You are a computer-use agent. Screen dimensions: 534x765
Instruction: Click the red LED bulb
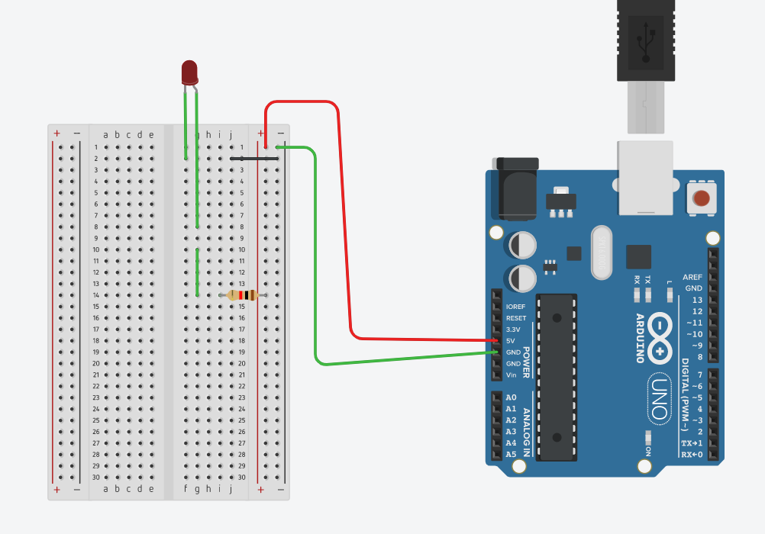click(x=189, y=72)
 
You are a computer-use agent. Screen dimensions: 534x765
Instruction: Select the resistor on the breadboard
click(x=243, y=295)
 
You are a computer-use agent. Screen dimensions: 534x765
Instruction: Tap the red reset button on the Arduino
click(x=700, y=200)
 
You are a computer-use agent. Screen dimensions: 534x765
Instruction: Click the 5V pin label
click(x=511, y=340)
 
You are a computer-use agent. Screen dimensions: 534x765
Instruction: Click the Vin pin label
click(x=511, y=375)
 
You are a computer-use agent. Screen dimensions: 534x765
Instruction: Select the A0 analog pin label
click(x=512, y=397)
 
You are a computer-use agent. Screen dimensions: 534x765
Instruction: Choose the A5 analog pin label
click(x=512, y=454)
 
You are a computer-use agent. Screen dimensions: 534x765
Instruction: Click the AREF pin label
click(x=692, y=277)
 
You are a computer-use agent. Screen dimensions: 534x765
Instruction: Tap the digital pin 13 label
click(x=696, y=300)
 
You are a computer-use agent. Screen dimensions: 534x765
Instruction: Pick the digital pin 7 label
click(x=698, y=375)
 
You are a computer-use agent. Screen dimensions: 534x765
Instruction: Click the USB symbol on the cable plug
click(x=646, y=42)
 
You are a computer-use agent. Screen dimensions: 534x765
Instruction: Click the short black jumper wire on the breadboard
click(x=253, y=159)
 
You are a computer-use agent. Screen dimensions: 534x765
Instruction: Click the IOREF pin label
click(x=516, y=307)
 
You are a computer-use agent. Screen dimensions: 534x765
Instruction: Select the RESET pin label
click(x=516, y=318)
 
